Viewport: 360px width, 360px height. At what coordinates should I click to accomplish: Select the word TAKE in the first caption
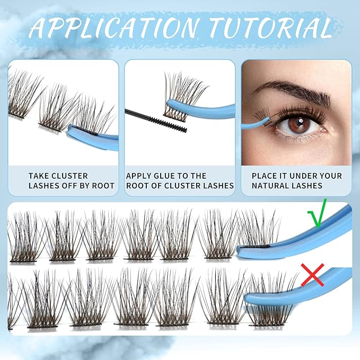point(40,175)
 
